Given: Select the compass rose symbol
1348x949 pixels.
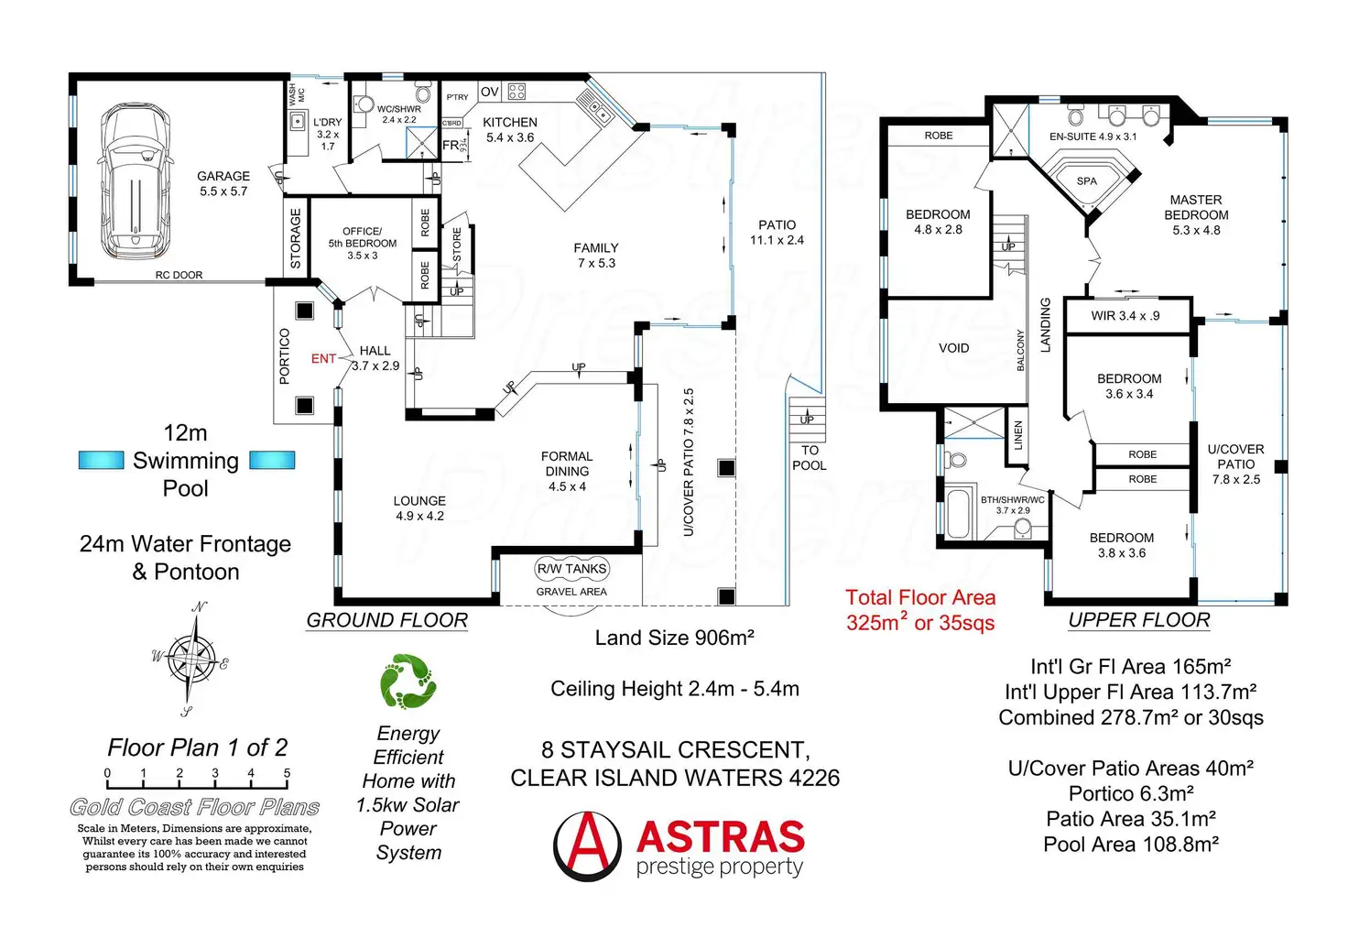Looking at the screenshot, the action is coord(194,657).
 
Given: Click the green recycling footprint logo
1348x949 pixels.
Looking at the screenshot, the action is coord(408,681).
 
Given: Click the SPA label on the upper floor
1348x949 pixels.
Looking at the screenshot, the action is coord(1086,181).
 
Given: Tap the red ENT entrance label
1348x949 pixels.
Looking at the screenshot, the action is coord(323,359).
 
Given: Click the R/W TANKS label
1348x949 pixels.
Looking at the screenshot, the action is coord(571,569).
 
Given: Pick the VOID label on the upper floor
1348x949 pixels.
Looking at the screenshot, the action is coord(953,348).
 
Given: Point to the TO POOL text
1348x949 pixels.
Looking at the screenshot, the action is coord(810,458).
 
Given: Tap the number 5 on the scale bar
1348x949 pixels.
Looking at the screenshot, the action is coord(287,774).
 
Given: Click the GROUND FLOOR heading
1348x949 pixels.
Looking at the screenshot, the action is coord(386,620).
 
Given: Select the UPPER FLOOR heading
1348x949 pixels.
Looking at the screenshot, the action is coord(1138,620).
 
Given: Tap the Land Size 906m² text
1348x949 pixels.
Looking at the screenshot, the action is coord(674,638).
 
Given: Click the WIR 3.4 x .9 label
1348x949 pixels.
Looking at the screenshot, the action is coord(1125,316).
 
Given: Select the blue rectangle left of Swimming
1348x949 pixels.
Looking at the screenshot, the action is coord(101,460).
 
